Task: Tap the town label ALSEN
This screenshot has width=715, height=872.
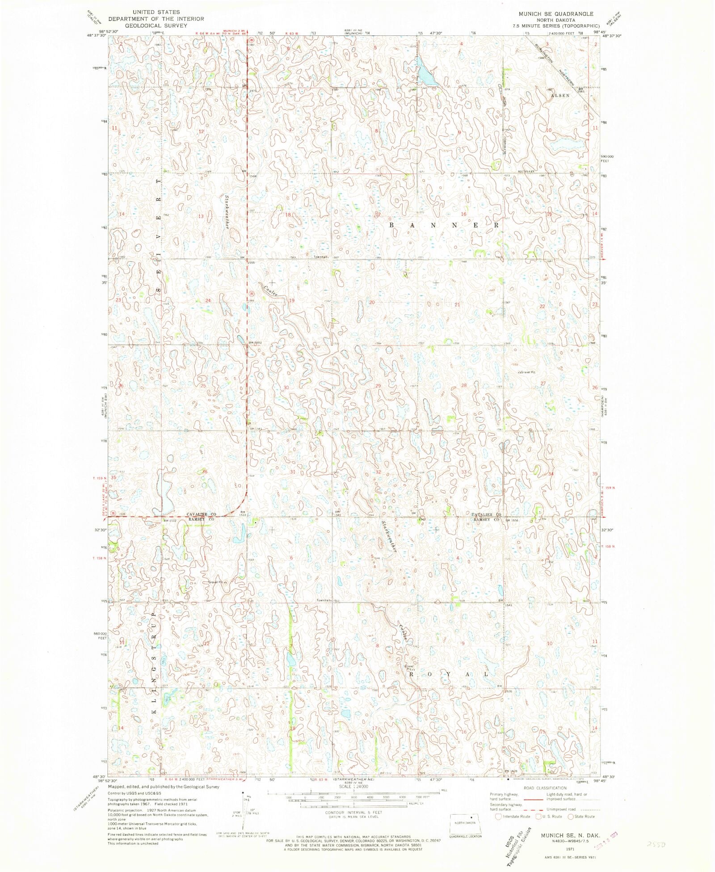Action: coord(560,95)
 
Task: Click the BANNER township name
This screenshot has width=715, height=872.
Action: coord(444,225)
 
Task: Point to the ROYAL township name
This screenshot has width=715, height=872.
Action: coord(446,674)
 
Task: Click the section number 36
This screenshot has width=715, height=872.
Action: coord(205,472)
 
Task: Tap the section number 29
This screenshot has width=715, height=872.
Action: coord(378,386)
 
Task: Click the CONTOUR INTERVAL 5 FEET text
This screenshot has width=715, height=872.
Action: coord(353,812)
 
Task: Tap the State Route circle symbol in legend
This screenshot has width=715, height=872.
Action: coord(571,817)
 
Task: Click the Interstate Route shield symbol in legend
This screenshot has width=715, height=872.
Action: coord(498,817)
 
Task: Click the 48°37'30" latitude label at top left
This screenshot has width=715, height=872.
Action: coord(97,36)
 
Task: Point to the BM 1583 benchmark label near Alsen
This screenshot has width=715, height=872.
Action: coord(581,90)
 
